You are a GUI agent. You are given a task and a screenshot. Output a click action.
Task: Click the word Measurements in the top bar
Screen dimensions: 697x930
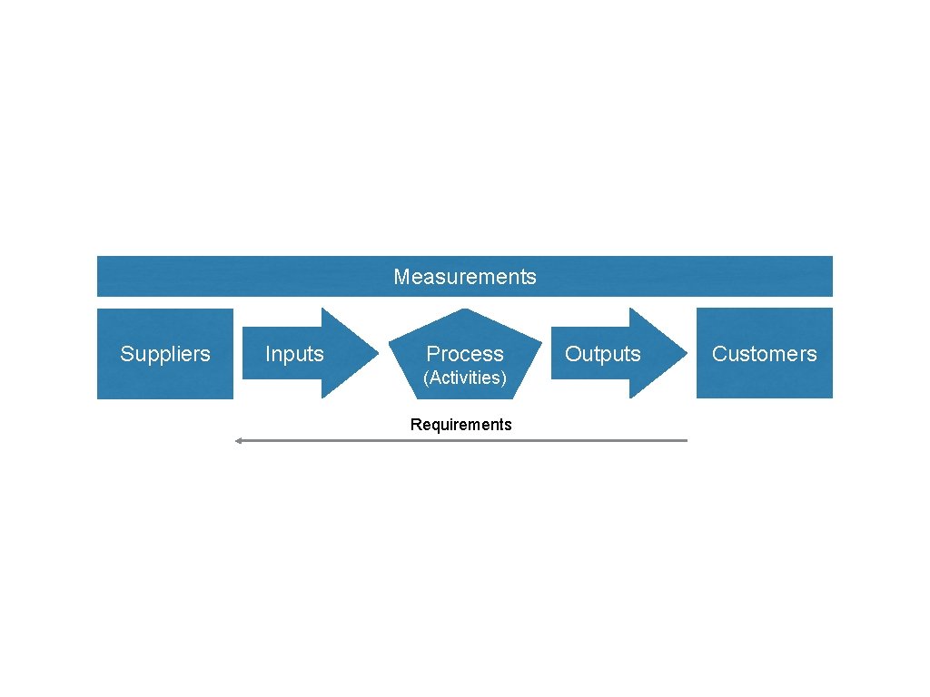click(464, 277)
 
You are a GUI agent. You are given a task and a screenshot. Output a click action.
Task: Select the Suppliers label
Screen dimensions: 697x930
click(164, 354)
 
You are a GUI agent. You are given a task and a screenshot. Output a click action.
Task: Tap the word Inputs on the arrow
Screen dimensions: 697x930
click(294, 354)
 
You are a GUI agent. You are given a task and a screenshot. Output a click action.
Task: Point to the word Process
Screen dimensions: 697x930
click(464, 354)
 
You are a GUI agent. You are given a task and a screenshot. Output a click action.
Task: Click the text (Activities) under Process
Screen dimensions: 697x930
click(464, 378)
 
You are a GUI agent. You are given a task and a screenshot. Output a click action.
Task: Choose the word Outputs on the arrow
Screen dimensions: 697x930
click(602, 354)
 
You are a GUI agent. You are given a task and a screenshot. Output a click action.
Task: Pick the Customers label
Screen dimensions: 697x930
click(764, 354)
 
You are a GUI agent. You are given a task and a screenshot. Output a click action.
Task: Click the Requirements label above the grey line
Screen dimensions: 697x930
click(460, 425)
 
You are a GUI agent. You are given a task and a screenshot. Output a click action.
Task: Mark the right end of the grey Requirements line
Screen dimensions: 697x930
click(687, 440)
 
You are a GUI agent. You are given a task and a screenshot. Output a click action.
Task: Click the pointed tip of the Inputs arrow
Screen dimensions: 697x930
click(377, 353)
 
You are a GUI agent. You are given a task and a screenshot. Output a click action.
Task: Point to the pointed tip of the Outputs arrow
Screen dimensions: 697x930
click(686, 353)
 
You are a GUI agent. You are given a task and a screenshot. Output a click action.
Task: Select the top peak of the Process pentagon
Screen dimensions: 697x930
click(465, 310)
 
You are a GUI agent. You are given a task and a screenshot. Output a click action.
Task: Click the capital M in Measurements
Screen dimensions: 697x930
click(401, 277)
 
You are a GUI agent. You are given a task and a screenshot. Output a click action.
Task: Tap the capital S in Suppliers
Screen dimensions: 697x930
click(126, 354)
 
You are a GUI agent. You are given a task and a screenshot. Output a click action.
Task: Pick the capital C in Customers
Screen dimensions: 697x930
click(718, 354)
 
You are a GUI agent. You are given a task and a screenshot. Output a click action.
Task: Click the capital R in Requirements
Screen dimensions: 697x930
click(415, 425)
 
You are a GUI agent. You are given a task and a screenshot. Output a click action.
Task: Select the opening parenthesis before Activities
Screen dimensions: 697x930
click(426, 378)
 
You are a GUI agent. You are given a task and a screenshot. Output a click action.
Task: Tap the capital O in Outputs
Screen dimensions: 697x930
click(572, 354)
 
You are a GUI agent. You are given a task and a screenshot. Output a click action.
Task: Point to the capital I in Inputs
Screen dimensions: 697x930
click(267, 354)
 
